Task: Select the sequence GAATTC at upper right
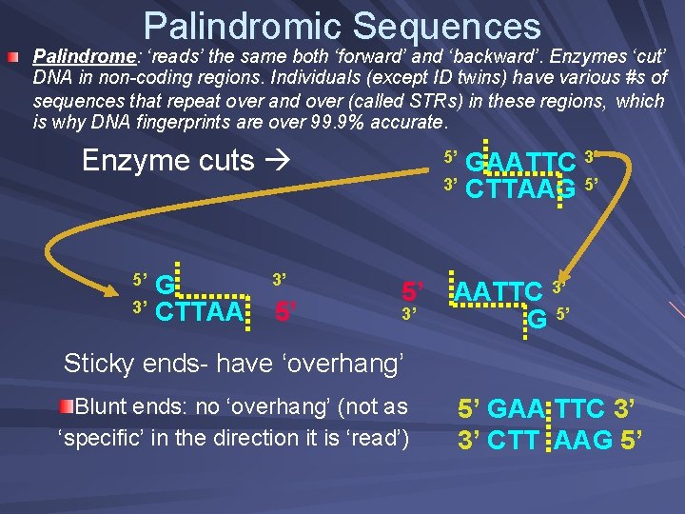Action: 521,164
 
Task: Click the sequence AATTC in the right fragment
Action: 499,290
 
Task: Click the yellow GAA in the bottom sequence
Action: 515,409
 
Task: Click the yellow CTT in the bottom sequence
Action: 515,440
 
